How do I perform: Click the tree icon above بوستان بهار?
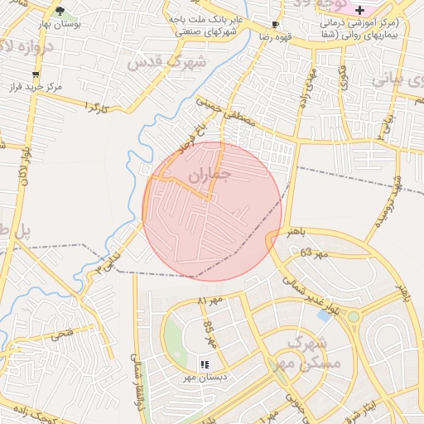[60, 11]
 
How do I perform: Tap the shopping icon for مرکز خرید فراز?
[35, 75]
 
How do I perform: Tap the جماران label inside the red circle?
[208, 176]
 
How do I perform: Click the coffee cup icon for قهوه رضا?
[274, 26]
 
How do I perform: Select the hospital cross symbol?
[359, 9]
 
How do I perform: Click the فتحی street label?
[61, 335]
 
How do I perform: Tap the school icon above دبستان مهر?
[204, 364]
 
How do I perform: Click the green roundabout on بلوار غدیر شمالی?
[354, 316]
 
